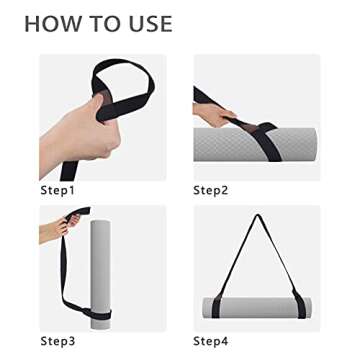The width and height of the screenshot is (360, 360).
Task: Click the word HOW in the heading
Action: point(49,24)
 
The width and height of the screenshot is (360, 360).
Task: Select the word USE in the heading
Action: point(145,24)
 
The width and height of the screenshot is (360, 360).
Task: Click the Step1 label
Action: point(58,189)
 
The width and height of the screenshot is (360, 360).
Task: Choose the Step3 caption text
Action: point(58,341)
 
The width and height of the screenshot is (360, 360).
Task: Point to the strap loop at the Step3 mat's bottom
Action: point(101,319)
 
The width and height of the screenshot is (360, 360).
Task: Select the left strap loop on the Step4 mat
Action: point(218,306)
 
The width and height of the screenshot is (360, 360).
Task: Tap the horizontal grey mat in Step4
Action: point(257,307)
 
